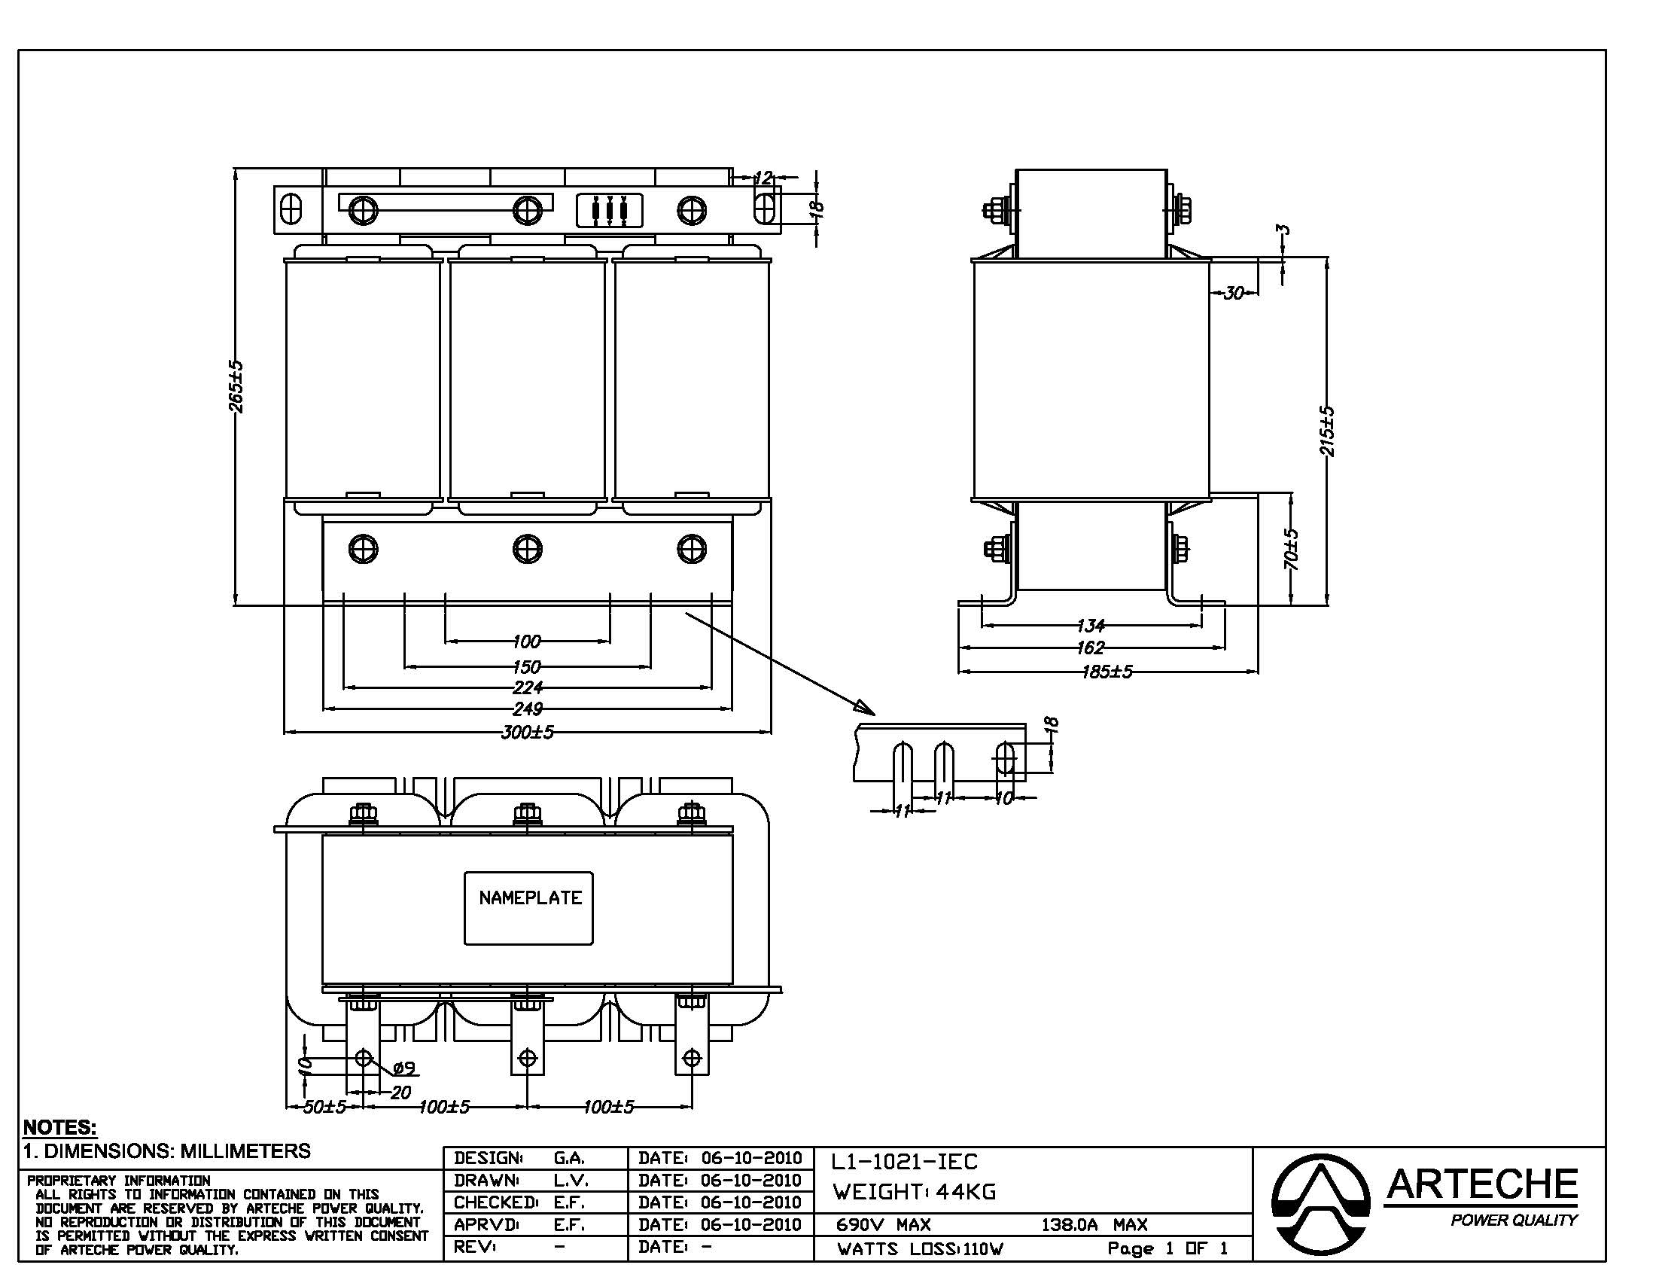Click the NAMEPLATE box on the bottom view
click(x=528, y=908)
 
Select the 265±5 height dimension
click(x=236, y=387)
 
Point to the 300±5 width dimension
click(x=528, y=733)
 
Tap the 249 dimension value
click(x=528, y=709)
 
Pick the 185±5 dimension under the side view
click(x=1107, y=672)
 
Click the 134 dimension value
click(x=1091, y=626)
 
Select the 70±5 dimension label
click(x=1292, y=550)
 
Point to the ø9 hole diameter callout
click(x=405, y=1068)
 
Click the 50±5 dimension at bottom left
click(x=324, y=1107)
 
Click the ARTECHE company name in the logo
click(x=1481, y=1184)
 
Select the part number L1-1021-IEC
click(x=905, y=1162)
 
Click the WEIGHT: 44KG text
click(x=915, y=1192)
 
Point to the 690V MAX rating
click(x=884, y=1224)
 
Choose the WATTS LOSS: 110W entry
click(x=921, y=1249)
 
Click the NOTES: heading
click(x=60, y=1127)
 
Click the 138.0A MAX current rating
click(x=1094, y=1224)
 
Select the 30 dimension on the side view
click(x=1234, y=293)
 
